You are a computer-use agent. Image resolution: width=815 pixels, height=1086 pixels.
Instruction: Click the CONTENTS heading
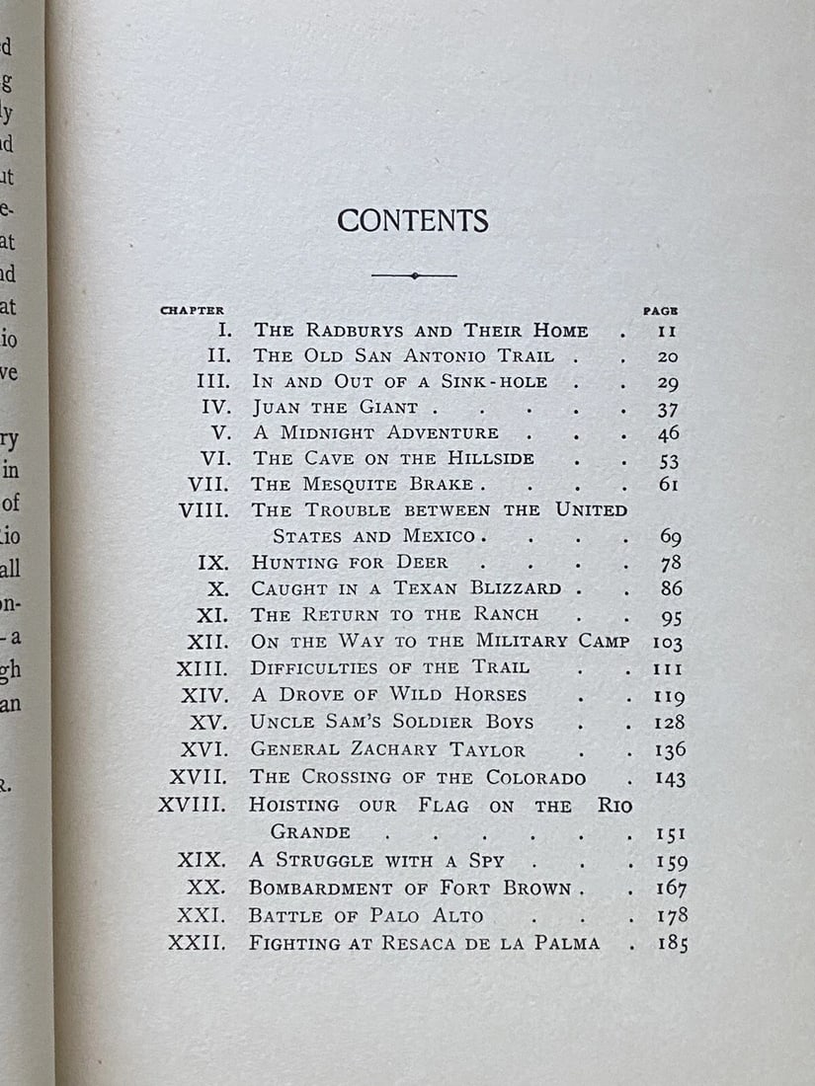tap(412, 221)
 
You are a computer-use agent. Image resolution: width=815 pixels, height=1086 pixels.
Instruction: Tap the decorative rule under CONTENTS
tap(414, 276)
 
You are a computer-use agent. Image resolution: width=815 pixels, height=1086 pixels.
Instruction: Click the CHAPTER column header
tap(193, 310)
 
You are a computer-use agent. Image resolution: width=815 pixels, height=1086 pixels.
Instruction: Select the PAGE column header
tap(660, 310)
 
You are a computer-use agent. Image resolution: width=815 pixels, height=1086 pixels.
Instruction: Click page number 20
tap(667, 356)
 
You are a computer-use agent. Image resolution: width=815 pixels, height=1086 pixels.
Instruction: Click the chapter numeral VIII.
tap(204, 510)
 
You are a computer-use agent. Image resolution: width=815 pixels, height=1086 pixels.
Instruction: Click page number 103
tap(669, 641)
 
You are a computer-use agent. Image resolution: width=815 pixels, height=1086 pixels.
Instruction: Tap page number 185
tap(672, 943)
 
